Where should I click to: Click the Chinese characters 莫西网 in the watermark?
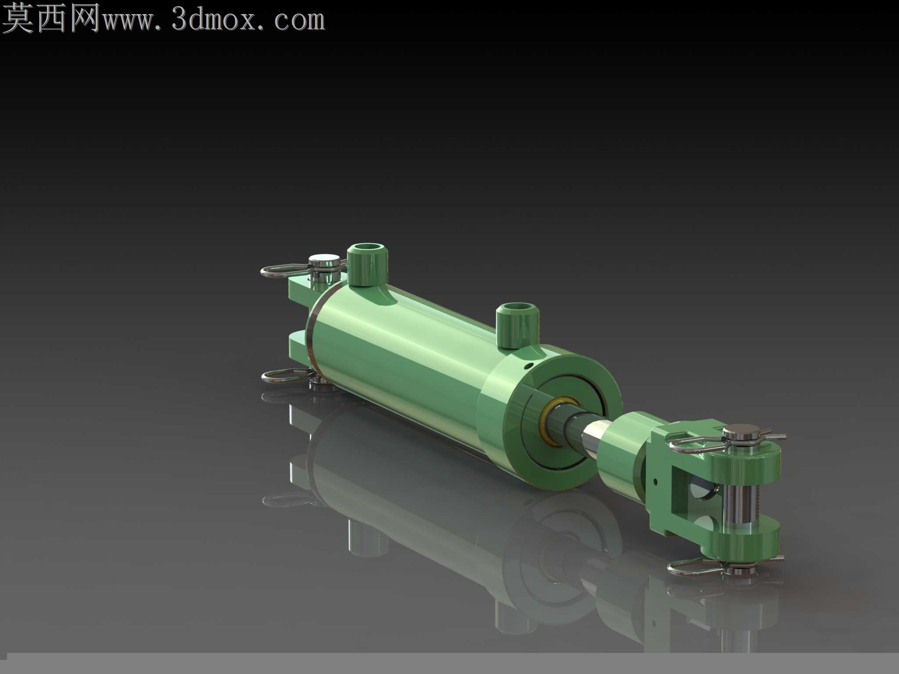click(52, 18)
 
